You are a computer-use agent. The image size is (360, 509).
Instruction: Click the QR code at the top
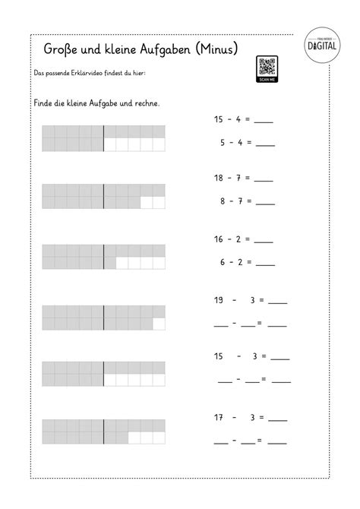click(267, 65)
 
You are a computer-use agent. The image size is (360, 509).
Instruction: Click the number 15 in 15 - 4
click(218, 119)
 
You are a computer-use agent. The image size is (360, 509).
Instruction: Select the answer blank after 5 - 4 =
click(265, 144)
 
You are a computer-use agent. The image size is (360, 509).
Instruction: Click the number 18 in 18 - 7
click(218, 179)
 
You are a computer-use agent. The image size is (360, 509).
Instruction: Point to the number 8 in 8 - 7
click(222, 202)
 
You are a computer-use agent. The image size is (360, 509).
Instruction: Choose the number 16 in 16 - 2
click(218, 239)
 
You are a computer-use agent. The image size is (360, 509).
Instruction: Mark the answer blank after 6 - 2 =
click(265, 264)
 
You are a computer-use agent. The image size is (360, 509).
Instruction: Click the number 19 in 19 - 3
click(218, 300)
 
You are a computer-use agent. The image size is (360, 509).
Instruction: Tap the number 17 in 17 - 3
click(218, 418)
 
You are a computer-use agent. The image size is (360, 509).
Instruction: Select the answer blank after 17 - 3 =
click(277, 420)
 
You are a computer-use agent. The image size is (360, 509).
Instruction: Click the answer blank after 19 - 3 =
click(277, 302)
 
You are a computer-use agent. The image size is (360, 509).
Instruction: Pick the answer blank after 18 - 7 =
click(264, 181)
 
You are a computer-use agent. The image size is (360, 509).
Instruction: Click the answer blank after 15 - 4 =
click(264, 122)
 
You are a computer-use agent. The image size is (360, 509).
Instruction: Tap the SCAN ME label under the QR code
click(267, 78)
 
